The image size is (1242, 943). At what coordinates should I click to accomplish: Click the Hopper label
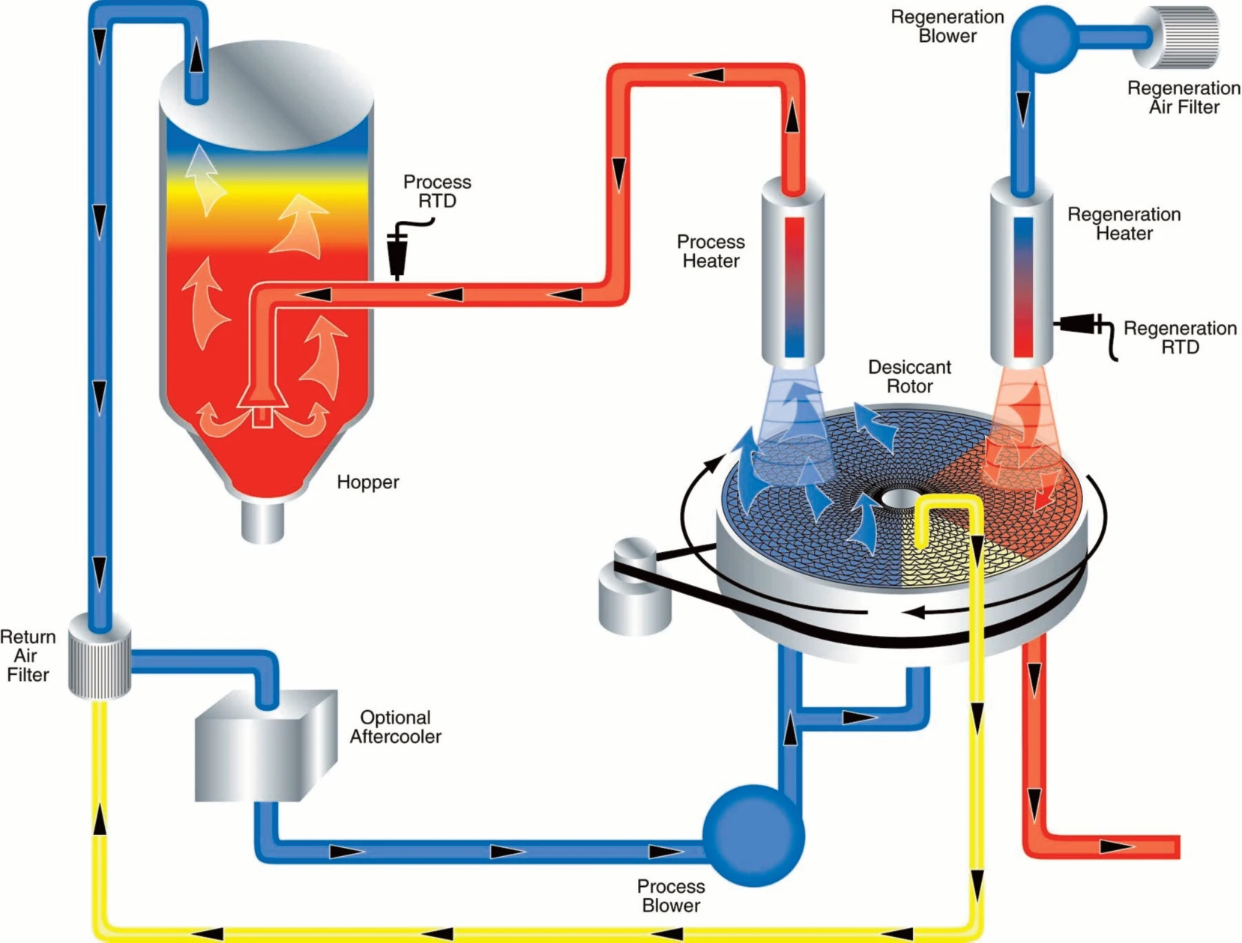pos(367,482)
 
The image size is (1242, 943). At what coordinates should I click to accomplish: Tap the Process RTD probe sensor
pos(397,255)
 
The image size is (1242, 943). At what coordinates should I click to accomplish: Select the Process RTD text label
pos(437,191)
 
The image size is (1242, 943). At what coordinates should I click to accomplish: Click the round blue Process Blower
pos(753,835)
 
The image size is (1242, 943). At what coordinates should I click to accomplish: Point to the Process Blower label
pos(671,896)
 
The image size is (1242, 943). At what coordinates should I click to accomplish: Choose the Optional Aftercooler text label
pos(395,727)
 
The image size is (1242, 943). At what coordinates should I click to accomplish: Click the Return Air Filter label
pos(28,655)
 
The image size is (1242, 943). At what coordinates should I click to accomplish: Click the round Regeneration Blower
pos(1044,39)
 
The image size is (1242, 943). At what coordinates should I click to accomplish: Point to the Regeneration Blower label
pos(947,26)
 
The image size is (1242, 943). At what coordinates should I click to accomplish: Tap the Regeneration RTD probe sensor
pos(1079,325)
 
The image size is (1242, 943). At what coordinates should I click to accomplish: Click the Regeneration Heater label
pos(1124,224)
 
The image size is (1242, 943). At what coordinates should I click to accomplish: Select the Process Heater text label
pos(711,251)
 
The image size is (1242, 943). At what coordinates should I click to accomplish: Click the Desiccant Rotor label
pos(909,377)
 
